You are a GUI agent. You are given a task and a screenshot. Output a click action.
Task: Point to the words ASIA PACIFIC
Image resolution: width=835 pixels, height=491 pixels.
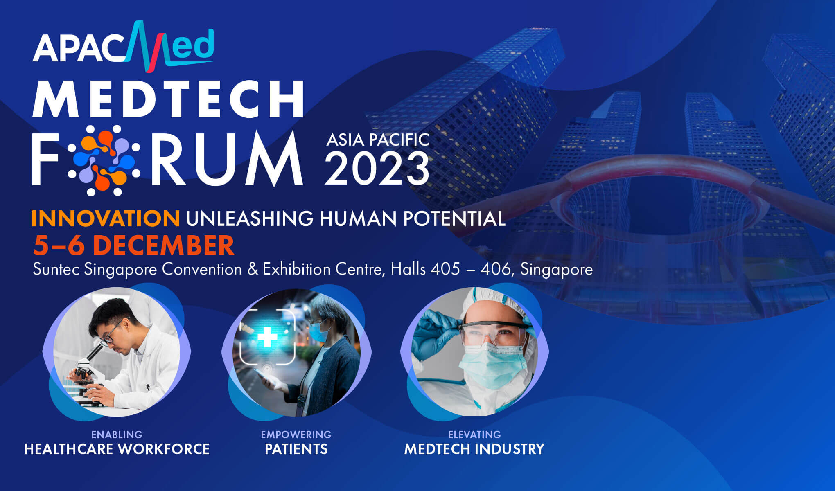(x=377, y=140)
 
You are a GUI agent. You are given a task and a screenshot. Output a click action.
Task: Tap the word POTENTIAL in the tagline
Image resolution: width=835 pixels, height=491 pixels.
(x=454, y=218)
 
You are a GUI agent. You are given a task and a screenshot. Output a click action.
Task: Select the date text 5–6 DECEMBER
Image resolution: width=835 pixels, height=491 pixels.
(x=134, y=245)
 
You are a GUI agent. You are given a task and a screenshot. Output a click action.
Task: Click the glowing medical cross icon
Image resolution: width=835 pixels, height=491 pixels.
(x=267, y=338)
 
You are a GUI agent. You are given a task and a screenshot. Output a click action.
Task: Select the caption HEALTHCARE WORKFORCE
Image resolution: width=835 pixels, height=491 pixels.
(x=117, y=449)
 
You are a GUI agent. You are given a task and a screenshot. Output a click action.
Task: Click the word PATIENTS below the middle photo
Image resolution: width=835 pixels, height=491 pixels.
(x=296, y=449)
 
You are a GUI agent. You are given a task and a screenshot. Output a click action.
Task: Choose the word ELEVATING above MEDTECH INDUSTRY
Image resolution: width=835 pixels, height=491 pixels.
(x=474, y=435)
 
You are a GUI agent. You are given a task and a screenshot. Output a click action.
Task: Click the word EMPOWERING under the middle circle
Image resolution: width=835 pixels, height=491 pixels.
(x=296, y=435)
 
